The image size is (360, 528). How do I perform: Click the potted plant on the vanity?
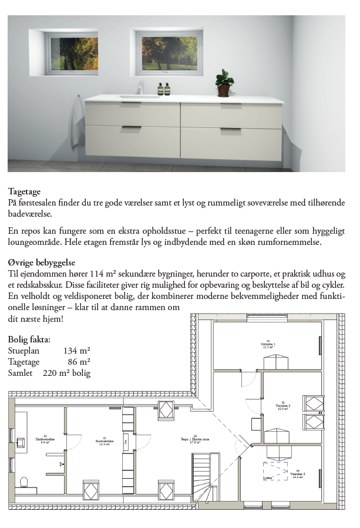click(224, 82)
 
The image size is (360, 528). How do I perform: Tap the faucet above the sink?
click(140, 88)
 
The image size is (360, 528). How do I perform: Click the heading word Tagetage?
click(24, 191)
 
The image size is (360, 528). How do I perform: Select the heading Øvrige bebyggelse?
click(42, 262)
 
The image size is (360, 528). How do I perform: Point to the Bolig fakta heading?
click(29, 339)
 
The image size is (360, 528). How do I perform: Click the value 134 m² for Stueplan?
click(76, 351)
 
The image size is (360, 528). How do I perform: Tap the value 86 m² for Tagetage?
click(79, 362)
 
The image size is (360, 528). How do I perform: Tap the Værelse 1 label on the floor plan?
click(268, 344)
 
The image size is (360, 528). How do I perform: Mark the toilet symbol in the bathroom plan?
click(25, 482)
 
